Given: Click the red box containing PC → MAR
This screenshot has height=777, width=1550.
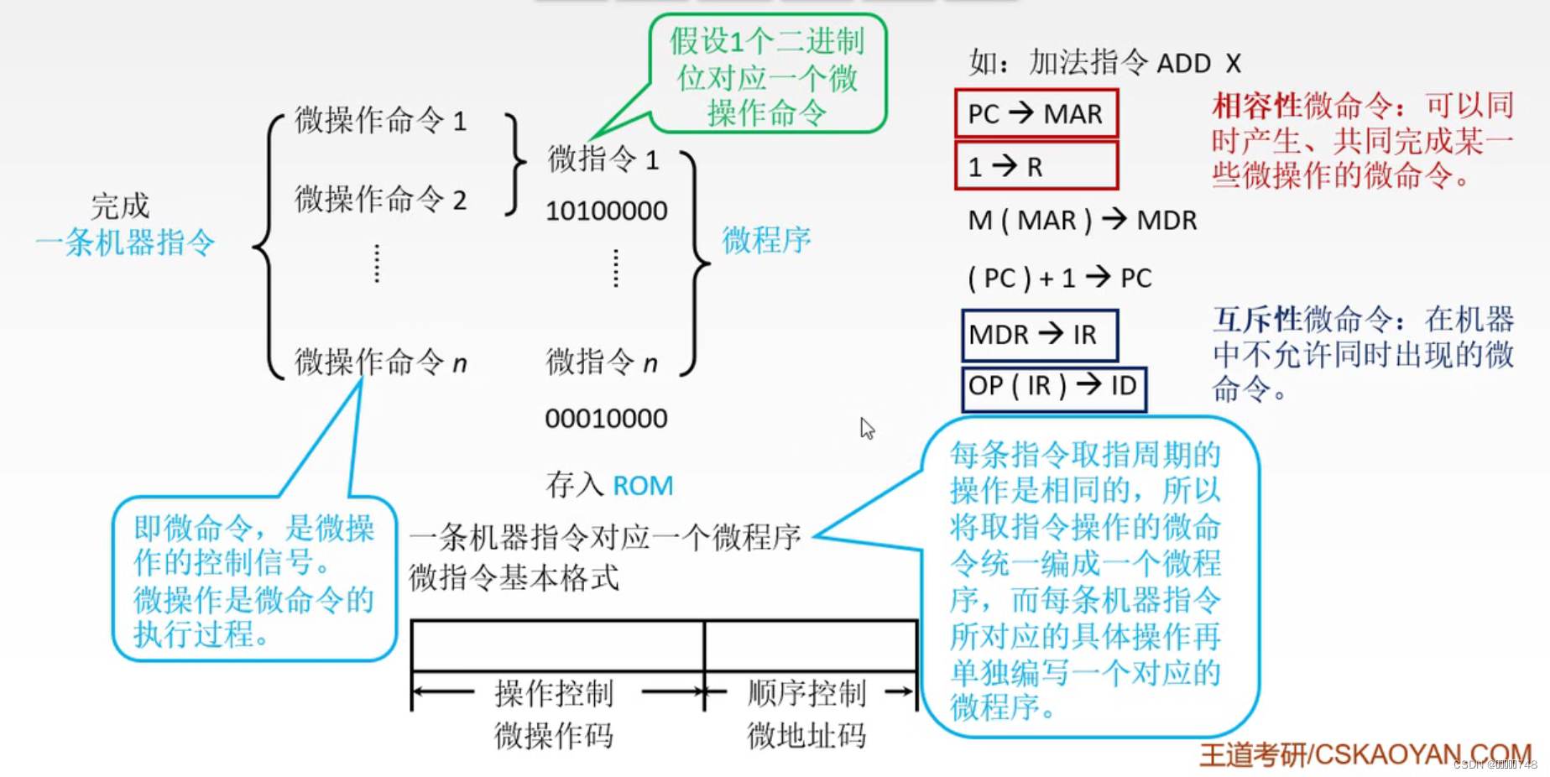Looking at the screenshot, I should pyautogui.click(x=1036, y=113).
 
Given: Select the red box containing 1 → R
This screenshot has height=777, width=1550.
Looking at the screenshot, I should pyautogui.click(x=1036, y=166).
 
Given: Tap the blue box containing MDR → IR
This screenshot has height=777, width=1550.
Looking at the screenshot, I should pyautogui.click(x=1039, y=335).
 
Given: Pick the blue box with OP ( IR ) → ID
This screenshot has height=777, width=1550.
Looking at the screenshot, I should pyautogui.click(x=1053, y=387).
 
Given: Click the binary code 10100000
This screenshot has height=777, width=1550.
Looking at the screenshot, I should pyautogui.click(x=606, y=211).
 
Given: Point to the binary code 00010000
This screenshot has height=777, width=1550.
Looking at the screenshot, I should pyautogui.click(x=606, y=418).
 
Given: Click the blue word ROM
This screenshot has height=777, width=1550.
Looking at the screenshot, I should pyautogui.click(x=643, y=486).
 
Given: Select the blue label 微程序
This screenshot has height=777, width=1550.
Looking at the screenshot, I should pyautogui.click(x=766, y=241).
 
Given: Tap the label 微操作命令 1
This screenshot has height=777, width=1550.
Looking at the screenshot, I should pyautogui.click(x=380, y=121).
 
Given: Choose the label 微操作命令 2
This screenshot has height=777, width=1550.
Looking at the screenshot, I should pyautogui.click(x=380, y=200).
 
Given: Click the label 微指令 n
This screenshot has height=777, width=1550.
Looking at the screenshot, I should pyautogui.click(x=601, y=362).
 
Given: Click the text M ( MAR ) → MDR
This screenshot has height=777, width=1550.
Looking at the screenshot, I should pyautogui.click(x=1082, y=221).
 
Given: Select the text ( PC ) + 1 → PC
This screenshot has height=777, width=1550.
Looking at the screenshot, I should pyautogui.click(x=1059, y=278).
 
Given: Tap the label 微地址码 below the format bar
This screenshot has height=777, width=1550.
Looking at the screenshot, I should pyautogui.click(x=806, y=736).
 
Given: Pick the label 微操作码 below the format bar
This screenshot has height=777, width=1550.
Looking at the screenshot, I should pyautogui.click(x=554, y=736).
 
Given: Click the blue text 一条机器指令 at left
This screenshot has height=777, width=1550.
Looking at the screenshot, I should pyautogui.click(x=126, y=243).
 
